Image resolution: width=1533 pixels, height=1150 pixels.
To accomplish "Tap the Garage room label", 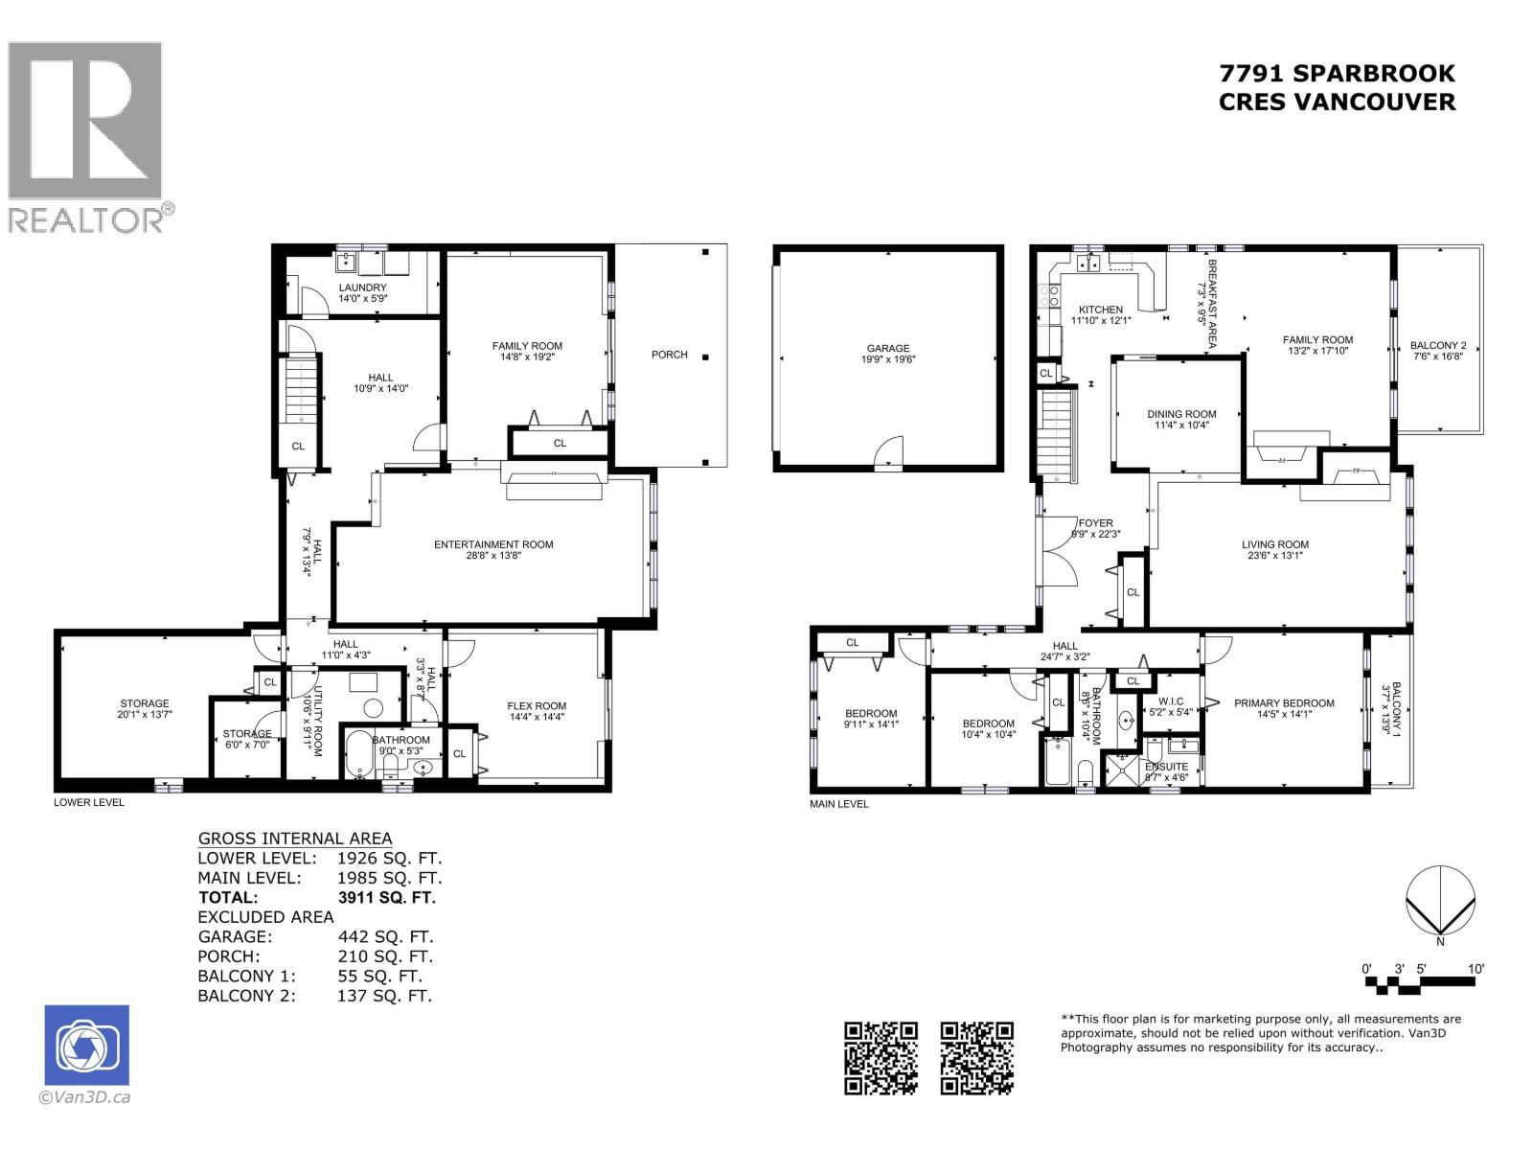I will pos(887,349).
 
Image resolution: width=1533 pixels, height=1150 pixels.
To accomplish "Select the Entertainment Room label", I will pos(493,544).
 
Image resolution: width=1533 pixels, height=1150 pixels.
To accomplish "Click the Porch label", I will pos(670,355).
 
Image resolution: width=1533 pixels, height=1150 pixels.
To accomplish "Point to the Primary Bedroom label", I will pos(1284,702).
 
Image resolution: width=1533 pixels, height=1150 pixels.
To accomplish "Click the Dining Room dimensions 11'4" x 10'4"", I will pos(1181,425).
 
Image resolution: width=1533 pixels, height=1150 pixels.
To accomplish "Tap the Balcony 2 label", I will pos(1438,346).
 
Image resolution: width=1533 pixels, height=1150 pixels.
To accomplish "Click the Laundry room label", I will pos(362,287).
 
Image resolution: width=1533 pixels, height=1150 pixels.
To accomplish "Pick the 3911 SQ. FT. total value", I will pos(387,898).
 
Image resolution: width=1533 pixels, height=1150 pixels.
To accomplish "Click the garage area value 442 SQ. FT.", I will pos(385,937).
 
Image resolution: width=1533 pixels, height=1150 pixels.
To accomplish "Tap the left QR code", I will pos(881,1058).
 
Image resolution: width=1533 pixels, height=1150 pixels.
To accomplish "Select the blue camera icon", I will pos(86,1046).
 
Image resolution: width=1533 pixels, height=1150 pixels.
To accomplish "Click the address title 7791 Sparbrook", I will pos(1337,74).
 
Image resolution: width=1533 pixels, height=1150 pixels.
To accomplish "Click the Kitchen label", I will pos(1101,310).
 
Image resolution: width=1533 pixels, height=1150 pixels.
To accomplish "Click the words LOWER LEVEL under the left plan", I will pos(89,802).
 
